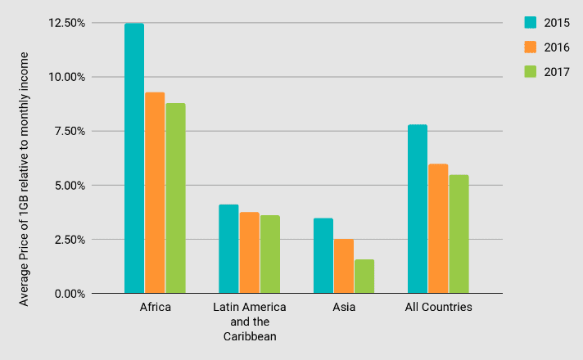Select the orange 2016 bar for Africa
pyautogui.click(x=155, y=192)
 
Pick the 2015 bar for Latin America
pyautogui.click(x=228, y=249)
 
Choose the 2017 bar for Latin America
pyautogui.click(x=270, y=254)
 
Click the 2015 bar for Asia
pyautogui.click(x=323, y=255)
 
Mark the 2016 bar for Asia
pyautogui.click(x=344, y=266)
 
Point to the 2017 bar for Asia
pyautogui.click(x=364, y=277)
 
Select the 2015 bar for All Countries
pyautogui.click(x=418, y=209)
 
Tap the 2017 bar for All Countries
pyautogui.click(x=459, y=234)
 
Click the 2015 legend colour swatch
pyautogui.click(x=531, y=22)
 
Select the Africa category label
pyautogui.click(x=155, y=308)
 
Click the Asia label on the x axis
pyautogui.click(x=344, y=308)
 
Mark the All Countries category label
pyautogui.click(x=439, y=308)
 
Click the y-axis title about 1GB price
pyautogui.click(x=25, y=178)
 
